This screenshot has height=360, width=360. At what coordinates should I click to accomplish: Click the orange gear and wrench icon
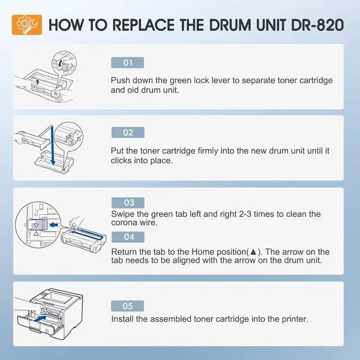[27, 25]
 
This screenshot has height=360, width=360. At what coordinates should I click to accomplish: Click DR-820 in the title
[317, 25]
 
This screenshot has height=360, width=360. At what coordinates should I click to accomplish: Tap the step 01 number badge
[128, 62]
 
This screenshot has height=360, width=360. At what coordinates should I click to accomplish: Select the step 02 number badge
[128, 133]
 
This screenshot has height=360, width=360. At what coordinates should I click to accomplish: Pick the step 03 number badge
[128, 202]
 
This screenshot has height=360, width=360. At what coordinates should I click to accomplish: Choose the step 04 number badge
[128, 237]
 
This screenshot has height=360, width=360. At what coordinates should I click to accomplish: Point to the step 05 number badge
[128, 306]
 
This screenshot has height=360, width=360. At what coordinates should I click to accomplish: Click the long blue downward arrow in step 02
[52, 145]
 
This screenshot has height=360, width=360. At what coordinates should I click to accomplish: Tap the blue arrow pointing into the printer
[39, 319]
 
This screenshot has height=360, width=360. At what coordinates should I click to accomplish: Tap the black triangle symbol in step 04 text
[253, 252]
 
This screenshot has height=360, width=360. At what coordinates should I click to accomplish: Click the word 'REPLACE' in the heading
[144, 25]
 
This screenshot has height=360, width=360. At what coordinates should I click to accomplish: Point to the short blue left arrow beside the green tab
[54, 225]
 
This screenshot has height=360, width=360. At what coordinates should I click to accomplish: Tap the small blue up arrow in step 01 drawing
[38, 82]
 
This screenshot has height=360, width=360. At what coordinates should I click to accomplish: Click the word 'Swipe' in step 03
[123, 214]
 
